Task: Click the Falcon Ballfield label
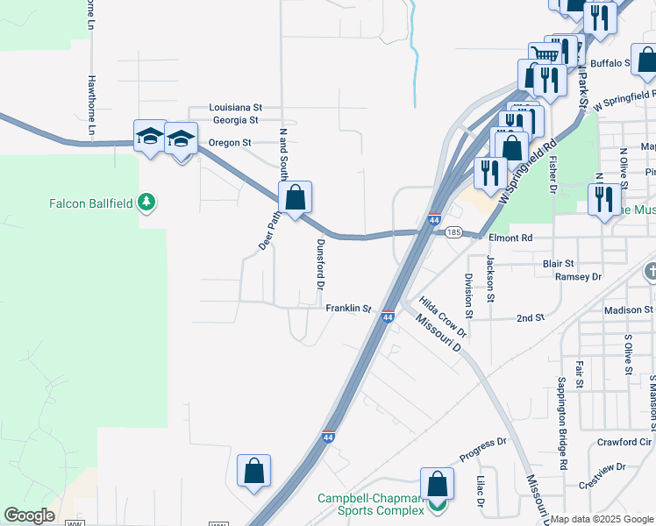click(x=90, y=203)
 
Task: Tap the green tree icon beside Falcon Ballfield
click(x=148, y=203)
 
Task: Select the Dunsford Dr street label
click(x=320, y=265)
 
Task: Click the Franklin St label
click(x=349, y=309)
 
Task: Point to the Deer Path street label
click(x=267, y=229)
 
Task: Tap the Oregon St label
click(x=230, y=143)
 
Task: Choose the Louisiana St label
click(x=236, y=108)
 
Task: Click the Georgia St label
click(x=235, y=120)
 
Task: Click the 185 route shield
click(x=453, y=232)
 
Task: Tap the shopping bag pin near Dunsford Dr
click(x=296, y=198)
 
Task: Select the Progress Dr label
click(x=483, y=450)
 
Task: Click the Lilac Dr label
click(x=480, y=491)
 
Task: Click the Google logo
click(x=29, y=515)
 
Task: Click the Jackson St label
click(x=490, y=274)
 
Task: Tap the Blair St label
click(x=558, y=263)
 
